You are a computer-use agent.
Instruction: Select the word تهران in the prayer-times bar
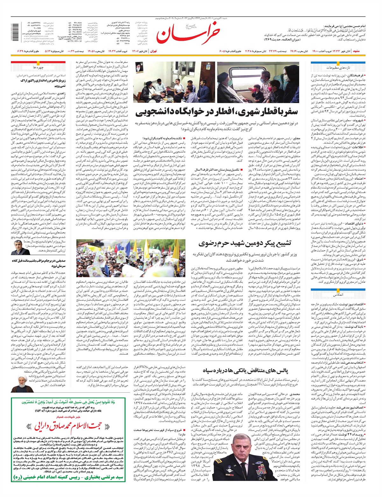[153, 51]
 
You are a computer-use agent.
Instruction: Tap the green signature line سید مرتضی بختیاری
[68, 487]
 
